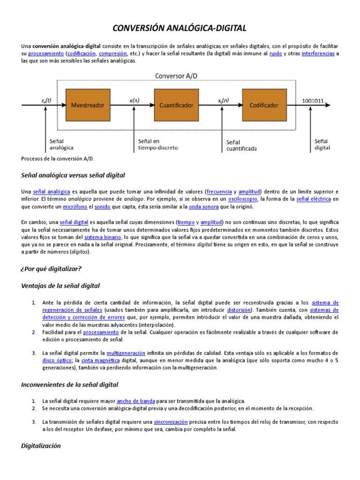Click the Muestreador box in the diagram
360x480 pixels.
[87, 105]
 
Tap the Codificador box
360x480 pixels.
[264, 105]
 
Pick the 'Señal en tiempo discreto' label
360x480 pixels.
[157, 144]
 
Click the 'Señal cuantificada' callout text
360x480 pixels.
[241, 145]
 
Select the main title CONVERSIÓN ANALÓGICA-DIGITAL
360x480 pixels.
[180, 29]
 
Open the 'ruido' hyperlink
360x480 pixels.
[275, 54]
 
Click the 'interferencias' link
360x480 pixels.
[318, 54]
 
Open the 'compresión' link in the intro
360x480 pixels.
[113, 54]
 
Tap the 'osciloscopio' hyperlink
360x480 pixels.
[243, 199]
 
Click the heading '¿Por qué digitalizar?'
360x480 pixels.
[52, 269]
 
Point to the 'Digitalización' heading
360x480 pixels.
[41, 446]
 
